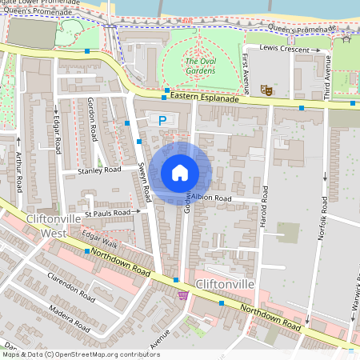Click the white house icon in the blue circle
pos(180,173)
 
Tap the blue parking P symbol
pos(162,121)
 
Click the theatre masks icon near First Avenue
pos(267,92)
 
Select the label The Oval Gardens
pos(200,66)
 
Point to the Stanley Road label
pos(99,170)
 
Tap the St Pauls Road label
pos(110,213)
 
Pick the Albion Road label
pos(211,198)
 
